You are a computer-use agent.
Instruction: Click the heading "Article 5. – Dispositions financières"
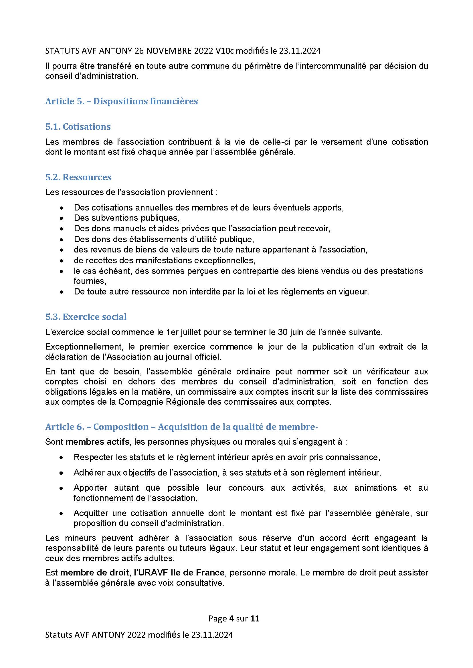tap(122, 101)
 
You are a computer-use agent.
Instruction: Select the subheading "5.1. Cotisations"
tap(78, 127)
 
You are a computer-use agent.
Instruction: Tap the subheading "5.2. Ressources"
tap(78, 177)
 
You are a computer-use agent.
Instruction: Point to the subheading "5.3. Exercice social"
tap(86, 317)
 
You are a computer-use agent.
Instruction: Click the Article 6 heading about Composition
tap(181, 427)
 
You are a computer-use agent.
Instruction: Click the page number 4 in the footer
tap(231, 618)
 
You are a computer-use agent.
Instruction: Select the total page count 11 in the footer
tap(255, 618)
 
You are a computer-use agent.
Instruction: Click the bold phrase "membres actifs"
tap(97, 442)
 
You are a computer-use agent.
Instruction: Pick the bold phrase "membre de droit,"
tap(95, 573)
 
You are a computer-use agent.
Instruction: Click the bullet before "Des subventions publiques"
tap(61, 218)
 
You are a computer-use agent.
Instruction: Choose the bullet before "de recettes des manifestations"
tap(61, 260)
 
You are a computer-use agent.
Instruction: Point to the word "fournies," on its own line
tap(90, 281)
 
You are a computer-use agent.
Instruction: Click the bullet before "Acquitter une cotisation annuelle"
tap(61, 514)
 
